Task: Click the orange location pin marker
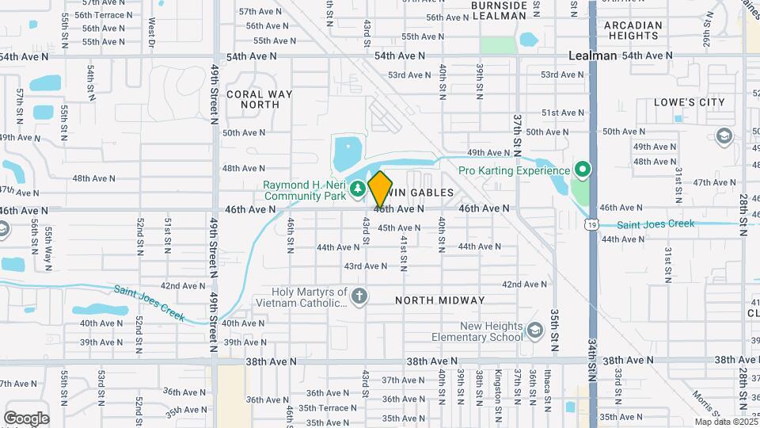coord(380,189)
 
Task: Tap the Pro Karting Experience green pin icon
coord(583,170)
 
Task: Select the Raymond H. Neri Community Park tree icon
coord(358,189)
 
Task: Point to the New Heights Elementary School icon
coord(535,330)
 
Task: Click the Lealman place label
coord(593,55)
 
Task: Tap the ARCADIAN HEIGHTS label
coord(633,30)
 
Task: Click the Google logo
coord(26,418)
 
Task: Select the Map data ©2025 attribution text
coord(726,422)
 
